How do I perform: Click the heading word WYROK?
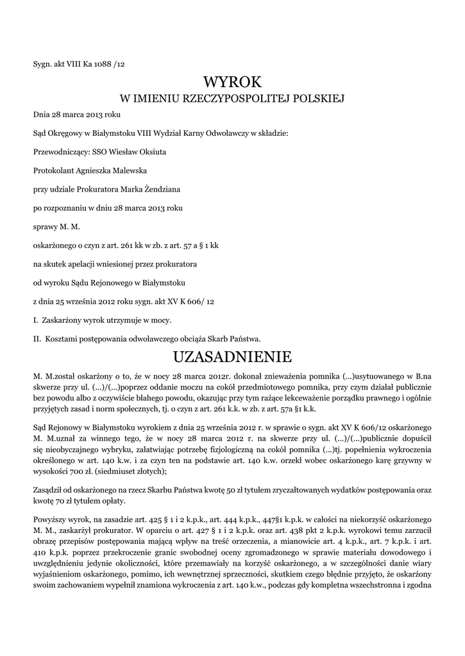(x=233, y=82)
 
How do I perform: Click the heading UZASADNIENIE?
(x=233, y=356)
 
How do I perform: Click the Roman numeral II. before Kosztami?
(x=37, y=338)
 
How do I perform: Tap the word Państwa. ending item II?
(x=244, y=338)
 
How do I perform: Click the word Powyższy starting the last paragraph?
(x=51, y=518)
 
